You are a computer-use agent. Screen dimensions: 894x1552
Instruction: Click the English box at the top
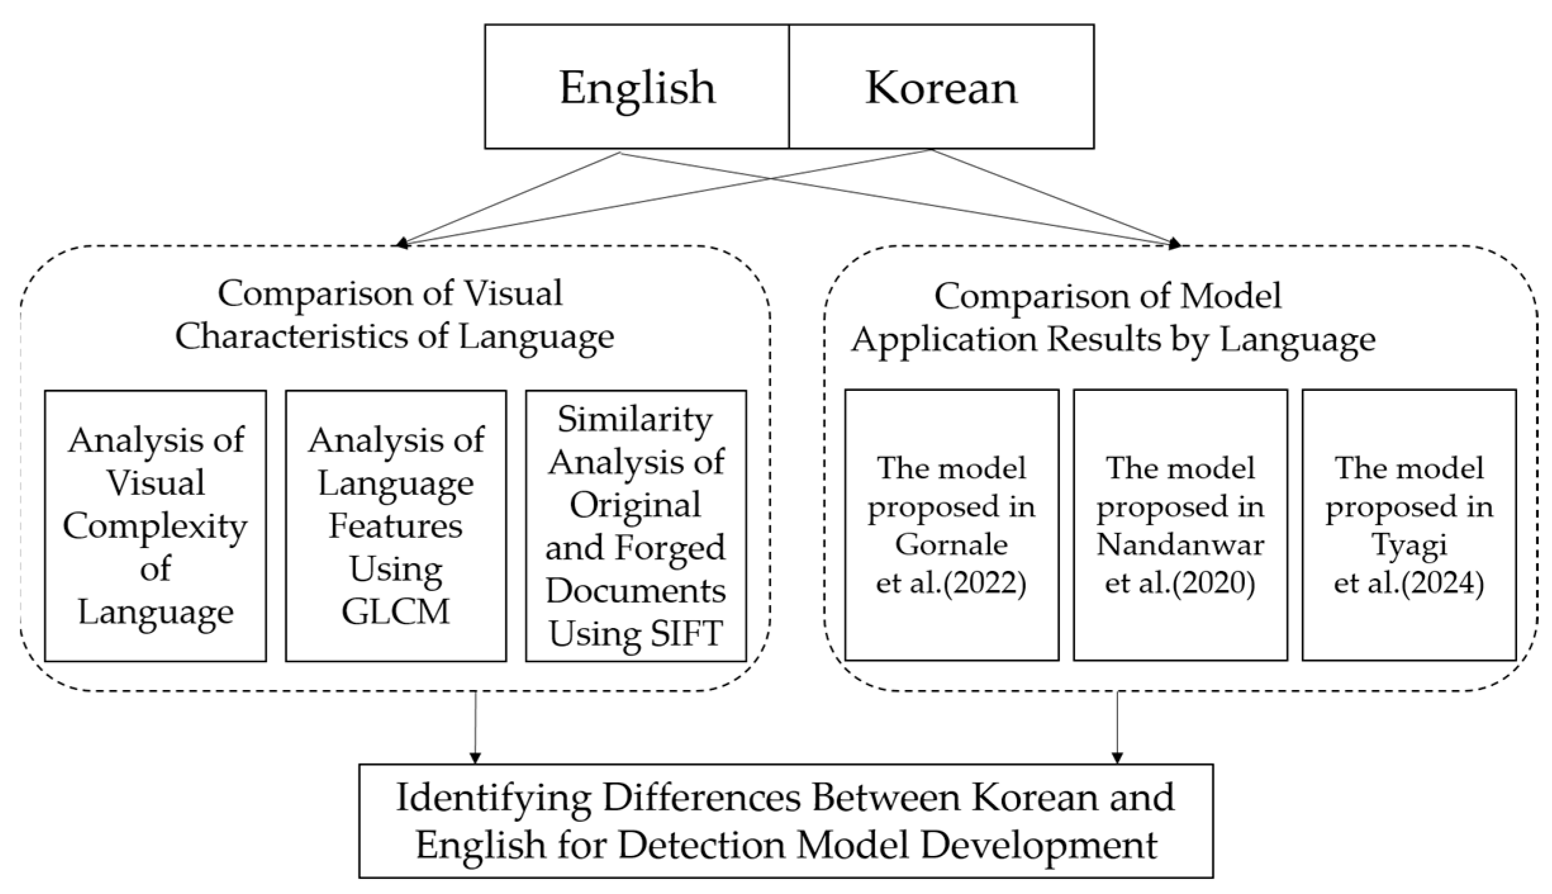[x=637, y=87]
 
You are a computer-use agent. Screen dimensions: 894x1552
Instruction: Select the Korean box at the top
[x=941, y=87]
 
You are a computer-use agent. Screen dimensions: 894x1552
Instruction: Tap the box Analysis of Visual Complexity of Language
[x=155, y=526]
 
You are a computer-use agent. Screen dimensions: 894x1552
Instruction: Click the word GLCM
[x=395, y=612]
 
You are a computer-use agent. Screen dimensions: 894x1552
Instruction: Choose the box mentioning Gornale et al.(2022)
[x=951, y=526]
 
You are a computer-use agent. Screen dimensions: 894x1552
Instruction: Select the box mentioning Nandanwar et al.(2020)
[x=1180, y=526]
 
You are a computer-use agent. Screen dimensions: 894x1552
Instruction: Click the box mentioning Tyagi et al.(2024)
[x=1408, y=526]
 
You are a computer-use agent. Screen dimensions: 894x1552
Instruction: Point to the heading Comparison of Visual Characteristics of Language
[x=394, y=315]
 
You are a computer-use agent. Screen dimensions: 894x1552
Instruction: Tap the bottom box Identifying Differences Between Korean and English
[x=785, y=821]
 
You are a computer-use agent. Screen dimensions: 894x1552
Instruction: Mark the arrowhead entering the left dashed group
[x=402, y=243]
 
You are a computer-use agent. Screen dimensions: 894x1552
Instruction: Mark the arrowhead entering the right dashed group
[x=1175, y=243]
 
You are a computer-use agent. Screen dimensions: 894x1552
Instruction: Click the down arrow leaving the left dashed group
[x=475, y=757]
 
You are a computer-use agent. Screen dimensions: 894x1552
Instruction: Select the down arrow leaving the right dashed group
[x=1117, y=757]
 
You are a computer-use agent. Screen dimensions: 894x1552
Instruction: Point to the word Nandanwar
[x=1180, y=545]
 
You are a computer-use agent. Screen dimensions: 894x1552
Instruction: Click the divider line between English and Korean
[x=789, y=87]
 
